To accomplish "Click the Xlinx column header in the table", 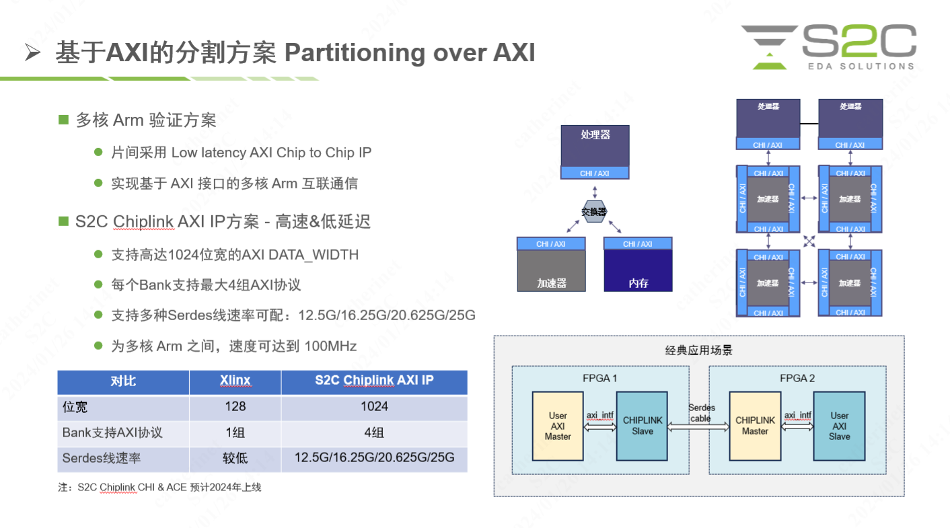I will (235, 381).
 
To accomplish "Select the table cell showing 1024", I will (373, 407).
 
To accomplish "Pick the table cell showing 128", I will (235, 407).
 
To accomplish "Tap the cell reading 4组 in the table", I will (373, 432).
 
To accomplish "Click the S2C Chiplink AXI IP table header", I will (373, 381).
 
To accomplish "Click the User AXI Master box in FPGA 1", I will (557, 426).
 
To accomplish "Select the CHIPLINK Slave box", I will (642, 426).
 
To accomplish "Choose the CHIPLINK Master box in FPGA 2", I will (755, 426).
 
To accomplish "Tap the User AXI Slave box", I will (839, 426).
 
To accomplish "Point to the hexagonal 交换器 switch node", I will (594, 211).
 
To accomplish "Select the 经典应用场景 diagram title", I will (698, 350).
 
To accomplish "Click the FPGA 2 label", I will (797, 378).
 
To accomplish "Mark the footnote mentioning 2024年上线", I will (159, 487).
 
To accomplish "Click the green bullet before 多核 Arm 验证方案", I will (64, 120).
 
